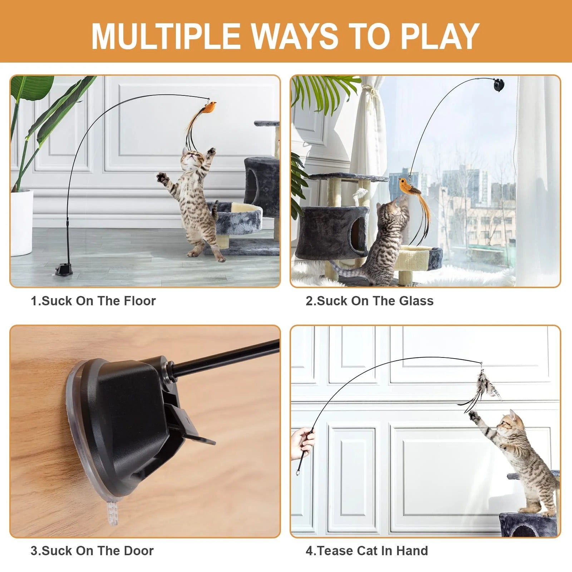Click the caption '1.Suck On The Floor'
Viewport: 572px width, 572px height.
pyautogui.click(x=93, y=301)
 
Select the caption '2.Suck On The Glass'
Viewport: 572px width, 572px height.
pyautogui.click(x=369, y=301)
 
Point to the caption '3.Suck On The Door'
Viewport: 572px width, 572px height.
pyautogui.click(x=92, y=551)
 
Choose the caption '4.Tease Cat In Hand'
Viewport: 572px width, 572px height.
pyautogui.click(x=366, y=551)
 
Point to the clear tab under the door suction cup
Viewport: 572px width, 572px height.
pyautogui.click(x=112, y=513)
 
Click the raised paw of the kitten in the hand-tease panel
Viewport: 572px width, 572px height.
pyautogui.click(x=474, y=416)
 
